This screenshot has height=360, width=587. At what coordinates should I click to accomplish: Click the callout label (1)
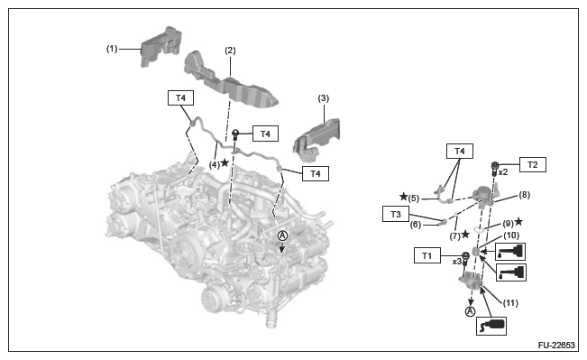tap(112, 49)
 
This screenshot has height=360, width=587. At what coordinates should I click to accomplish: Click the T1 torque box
tap(427, 255)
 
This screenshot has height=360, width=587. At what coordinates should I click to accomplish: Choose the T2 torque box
tap(532, 164)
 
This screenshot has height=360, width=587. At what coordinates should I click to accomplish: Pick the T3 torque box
tap(396, 214)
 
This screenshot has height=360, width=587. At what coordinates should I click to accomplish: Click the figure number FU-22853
tap(556, 345)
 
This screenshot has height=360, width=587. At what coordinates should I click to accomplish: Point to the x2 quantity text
tap(503, 172)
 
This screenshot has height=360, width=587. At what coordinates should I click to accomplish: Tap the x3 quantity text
tap(457, 262)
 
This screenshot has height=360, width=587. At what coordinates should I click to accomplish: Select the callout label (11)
tap(510, 302)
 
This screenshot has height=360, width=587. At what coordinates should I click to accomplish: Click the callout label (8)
tap(525, 195)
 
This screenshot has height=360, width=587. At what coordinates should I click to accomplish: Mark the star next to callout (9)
tap(518, 221)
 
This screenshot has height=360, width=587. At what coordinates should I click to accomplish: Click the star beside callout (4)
tap(225, 162)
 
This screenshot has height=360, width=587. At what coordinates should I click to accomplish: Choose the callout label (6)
tap(416, 225)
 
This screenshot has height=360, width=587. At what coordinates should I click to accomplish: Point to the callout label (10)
tap(511, 235)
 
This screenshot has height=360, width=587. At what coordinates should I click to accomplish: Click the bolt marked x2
tap(494, 169)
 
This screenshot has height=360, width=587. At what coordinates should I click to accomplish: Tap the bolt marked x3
tap(465, 260)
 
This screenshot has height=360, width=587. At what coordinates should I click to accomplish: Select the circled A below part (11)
tap(470, 311)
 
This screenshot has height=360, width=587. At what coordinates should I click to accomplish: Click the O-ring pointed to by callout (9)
tap(479, 229)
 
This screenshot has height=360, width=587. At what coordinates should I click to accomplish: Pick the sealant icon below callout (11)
tap(491, 326)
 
